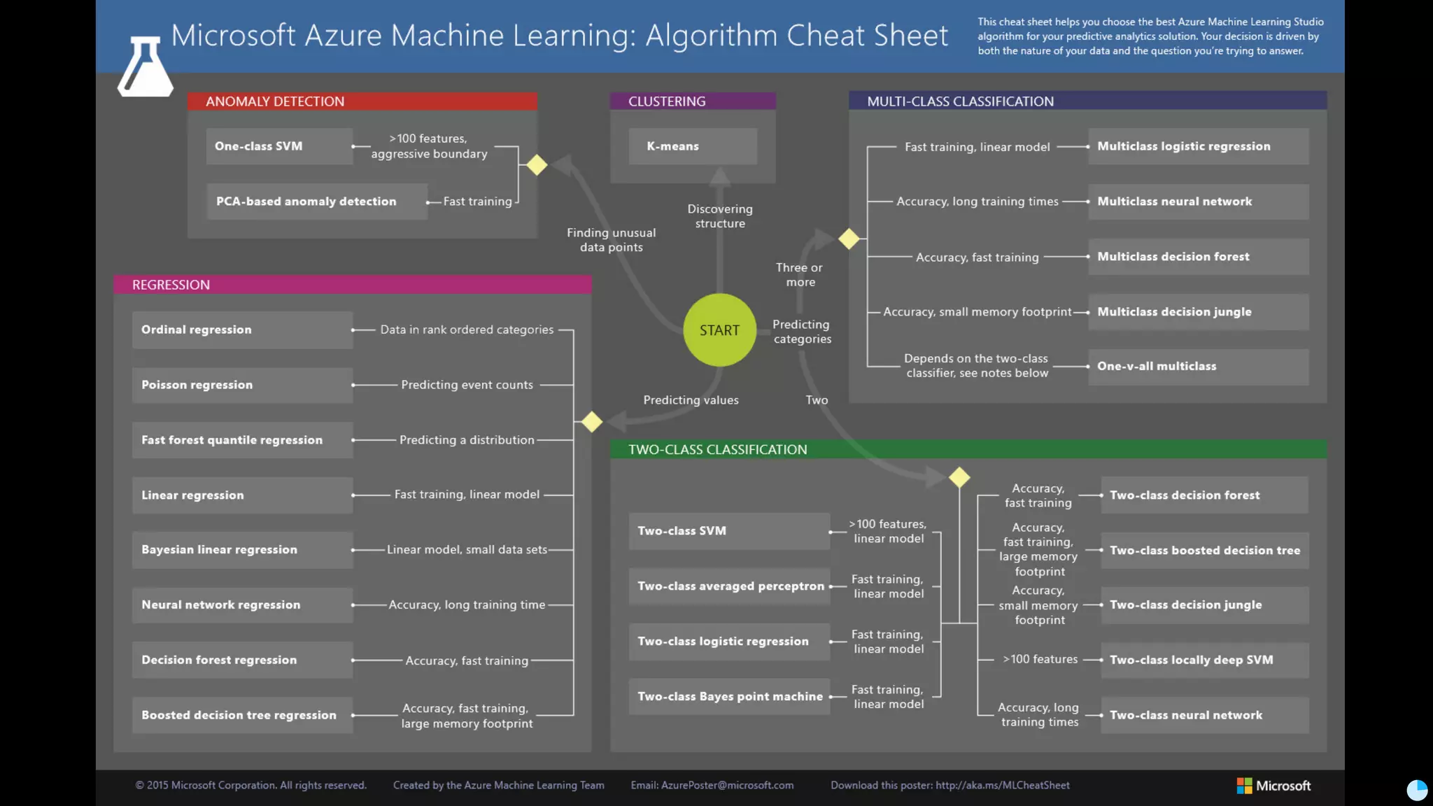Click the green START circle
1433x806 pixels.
[719, 330]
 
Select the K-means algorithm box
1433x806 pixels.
[692, 146]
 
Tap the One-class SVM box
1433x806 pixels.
[279, 146]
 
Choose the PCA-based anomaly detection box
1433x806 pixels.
[316, 201]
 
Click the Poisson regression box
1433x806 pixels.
[242, 385]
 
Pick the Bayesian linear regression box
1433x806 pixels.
[242, 550]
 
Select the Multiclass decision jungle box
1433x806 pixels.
[1198, 312]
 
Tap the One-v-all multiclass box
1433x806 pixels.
[1198, 367]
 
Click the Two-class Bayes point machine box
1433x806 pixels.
[729, 697]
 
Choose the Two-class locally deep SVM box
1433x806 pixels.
[1203, 660]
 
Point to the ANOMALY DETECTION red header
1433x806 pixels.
[362, 101]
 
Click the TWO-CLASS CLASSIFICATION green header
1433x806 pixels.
[968, 449]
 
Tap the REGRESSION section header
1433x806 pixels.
[352, 285]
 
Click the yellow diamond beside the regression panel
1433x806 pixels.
[592, 422]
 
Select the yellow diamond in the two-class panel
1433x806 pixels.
[959, 477]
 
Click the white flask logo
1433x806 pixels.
[145, 68]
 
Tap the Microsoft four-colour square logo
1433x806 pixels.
[1244, 786]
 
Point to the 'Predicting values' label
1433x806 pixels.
[691, 400]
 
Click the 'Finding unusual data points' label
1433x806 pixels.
[611, 240]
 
